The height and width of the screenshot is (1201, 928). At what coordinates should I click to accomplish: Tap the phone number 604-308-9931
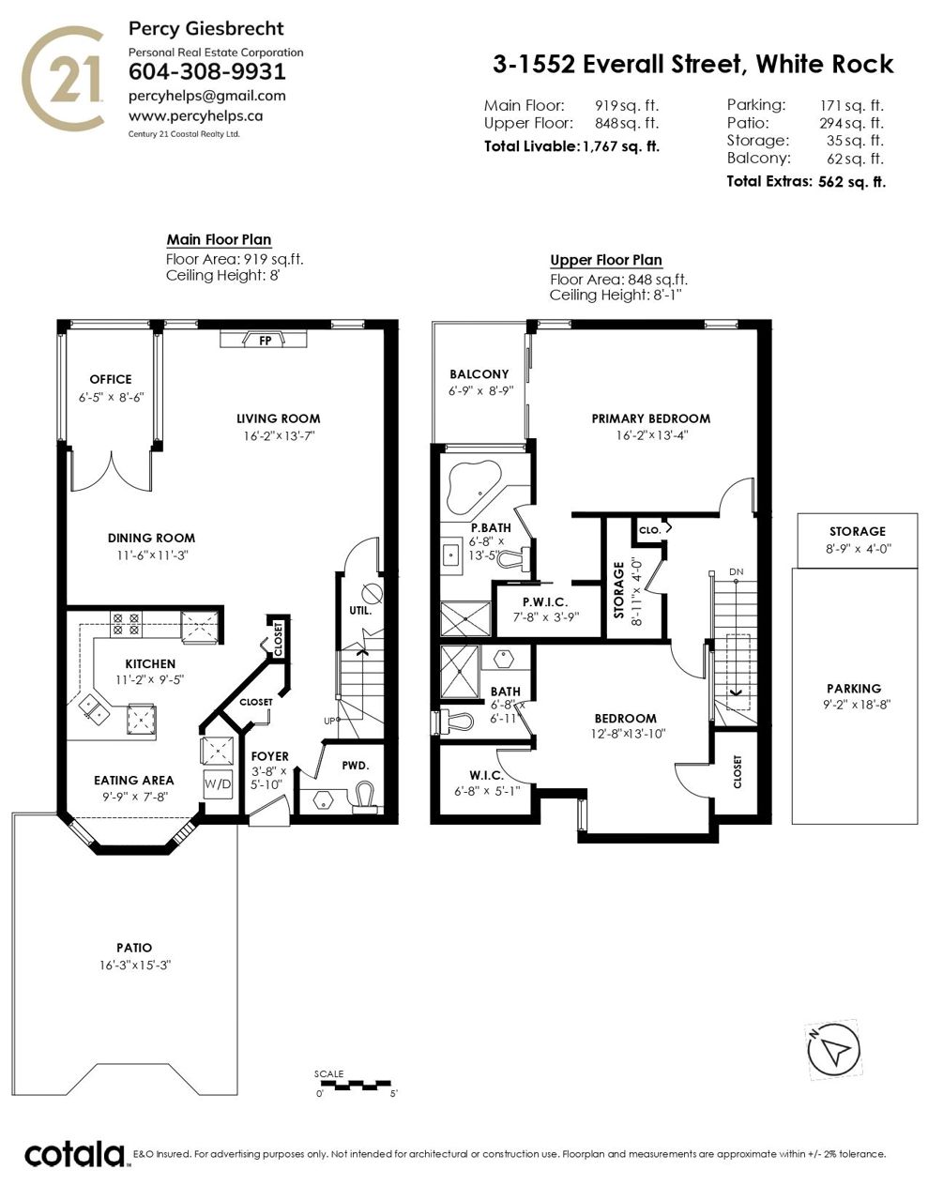[207, 71]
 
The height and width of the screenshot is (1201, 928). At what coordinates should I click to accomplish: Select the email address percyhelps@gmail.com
[207, 96]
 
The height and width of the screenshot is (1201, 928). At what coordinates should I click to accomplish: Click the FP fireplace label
[265, 341]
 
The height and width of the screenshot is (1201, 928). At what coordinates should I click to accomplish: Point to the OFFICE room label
[111, 379]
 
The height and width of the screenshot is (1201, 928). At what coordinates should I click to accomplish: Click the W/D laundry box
[218, 783]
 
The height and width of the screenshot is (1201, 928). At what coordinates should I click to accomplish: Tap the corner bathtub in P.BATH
[474, 487]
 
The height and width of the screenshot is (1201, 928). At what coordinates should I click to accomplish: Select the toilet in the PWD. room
[362, 797]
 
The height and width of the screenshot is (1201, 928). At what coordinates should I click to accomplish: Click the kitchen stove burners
[126, 623]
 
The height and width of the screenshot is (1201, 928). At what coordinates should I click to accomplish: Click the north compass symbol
[833, 1050]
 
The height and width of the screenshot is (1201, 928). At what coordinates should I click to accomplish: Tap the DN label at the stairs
[736, 571]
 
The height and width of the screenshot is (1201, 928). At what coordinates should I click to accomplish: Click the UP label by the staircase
[329, 721]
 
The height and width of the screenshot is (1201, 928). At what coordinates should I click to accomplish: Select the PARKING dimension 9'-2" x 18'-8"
[856, 705]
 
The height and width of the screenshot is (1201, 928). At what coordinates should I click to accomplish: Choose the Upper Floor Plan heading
[606, 260]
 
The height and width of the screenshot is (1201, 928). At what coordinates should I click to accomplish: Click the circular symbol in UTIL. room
[372, 594]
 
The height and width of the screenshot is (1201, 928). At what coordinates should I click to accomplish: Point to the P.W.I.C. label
[545, 601]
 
